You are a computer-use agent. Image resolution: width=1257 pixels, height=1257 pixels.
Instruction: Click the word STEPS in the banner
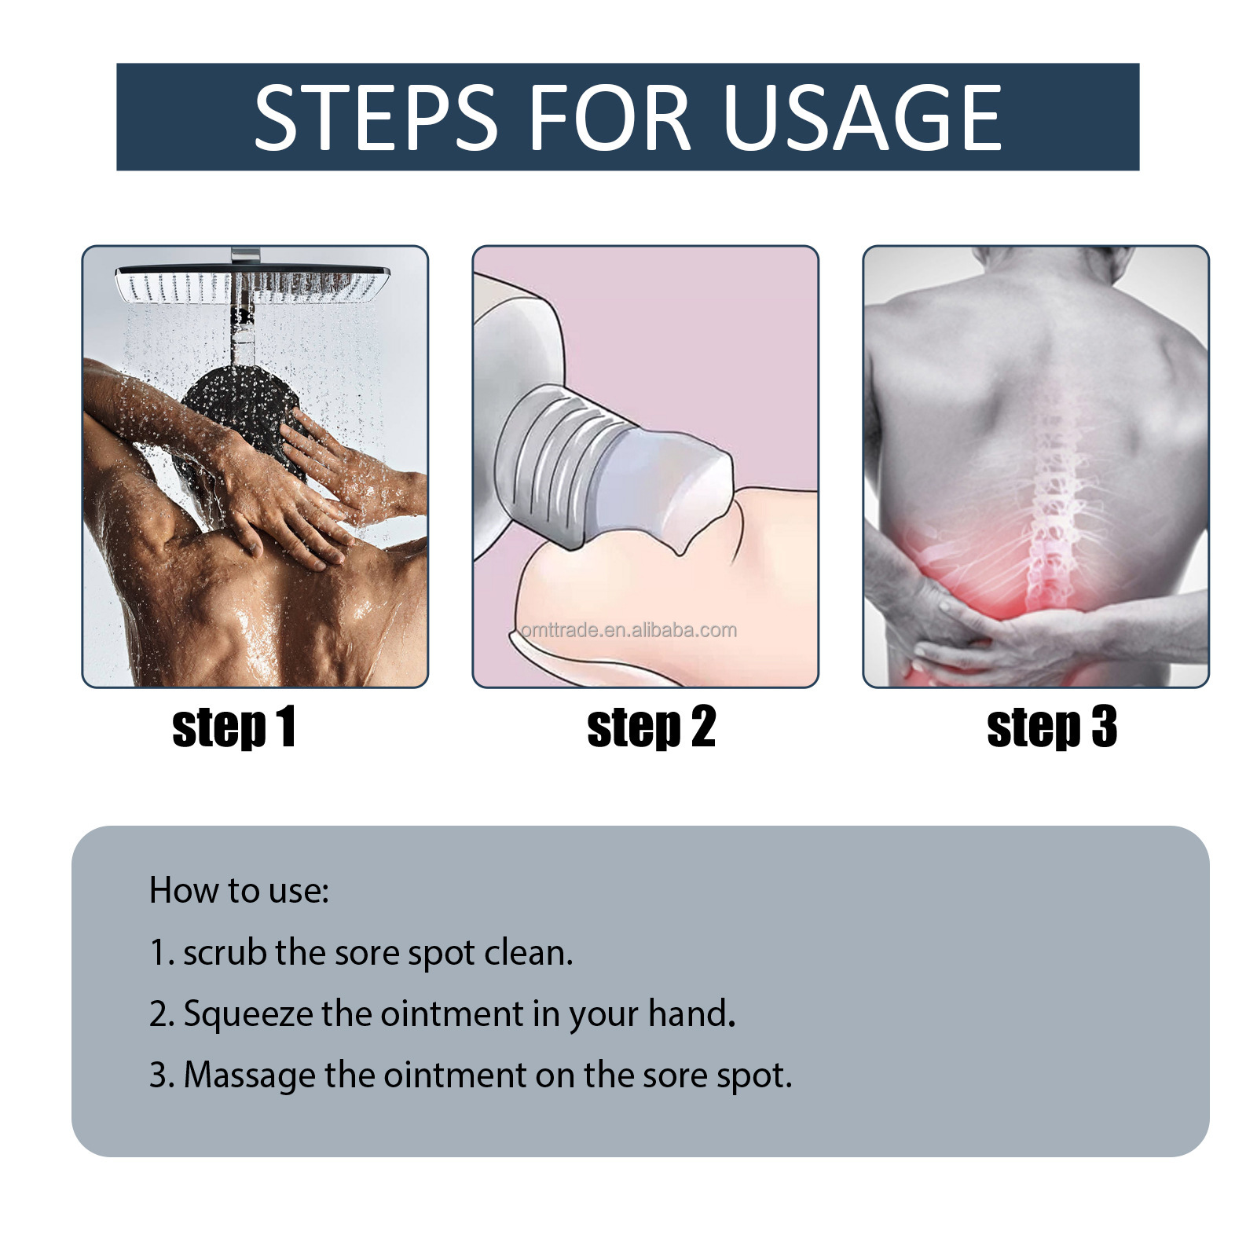click(x=376, y=118)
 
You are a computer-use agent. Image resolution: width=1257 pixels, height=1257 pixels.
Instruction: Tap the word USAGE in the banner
click(x=862, y=118)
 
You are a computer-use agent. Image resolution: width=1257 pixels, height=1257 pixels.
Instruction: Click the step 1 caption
click(x=234, y=727)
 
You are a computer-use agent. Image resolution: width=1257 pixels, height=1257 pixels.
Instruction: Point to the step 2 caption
click(x=651, y=727)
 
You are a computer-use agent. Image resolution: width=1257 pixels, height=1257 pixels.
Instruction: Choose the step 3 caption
click(x=1051, y=727)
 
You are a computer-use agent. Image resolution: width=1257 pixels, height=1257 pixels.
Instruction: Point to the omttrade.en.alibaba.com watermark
click(x=628, y=630)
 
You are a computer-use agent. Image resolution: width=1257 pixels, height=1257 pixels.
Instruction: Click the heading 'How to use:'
click(x=239, y=891)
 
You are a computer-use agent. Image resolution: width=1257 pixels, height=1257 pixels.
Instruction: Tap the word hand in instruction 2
click(x=687, y=1014)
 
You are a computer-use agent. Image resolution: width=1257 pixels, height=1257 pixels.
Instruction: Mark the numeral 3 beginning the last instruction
click(x=157, y=1076)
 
